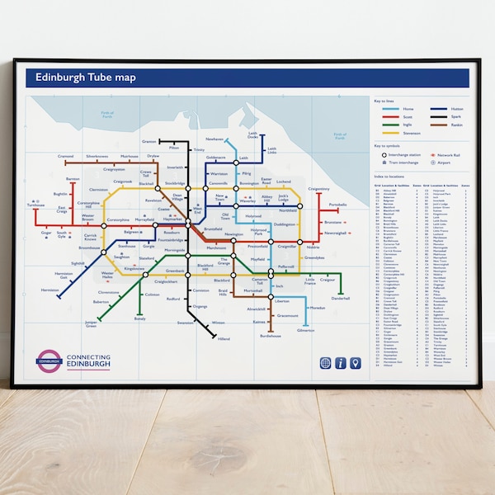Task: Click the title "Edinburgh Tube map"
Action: [81, 78]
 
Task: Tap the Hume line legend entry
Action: [396, 109]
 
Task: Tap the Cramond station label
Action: [66, 155]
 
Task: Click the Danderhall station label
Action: [341, 299]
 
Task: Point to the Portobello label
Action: [338, 205]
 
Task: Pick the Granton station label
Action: [148, 141]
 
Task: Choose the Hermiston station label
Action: [49, 290]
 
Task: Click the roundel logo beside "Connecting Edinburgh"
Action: [49, 361]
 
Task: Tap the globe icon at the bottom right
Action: [325, 363]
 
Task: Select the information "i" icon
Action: [340, 363]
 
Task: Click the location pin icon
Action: [356, 363]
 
